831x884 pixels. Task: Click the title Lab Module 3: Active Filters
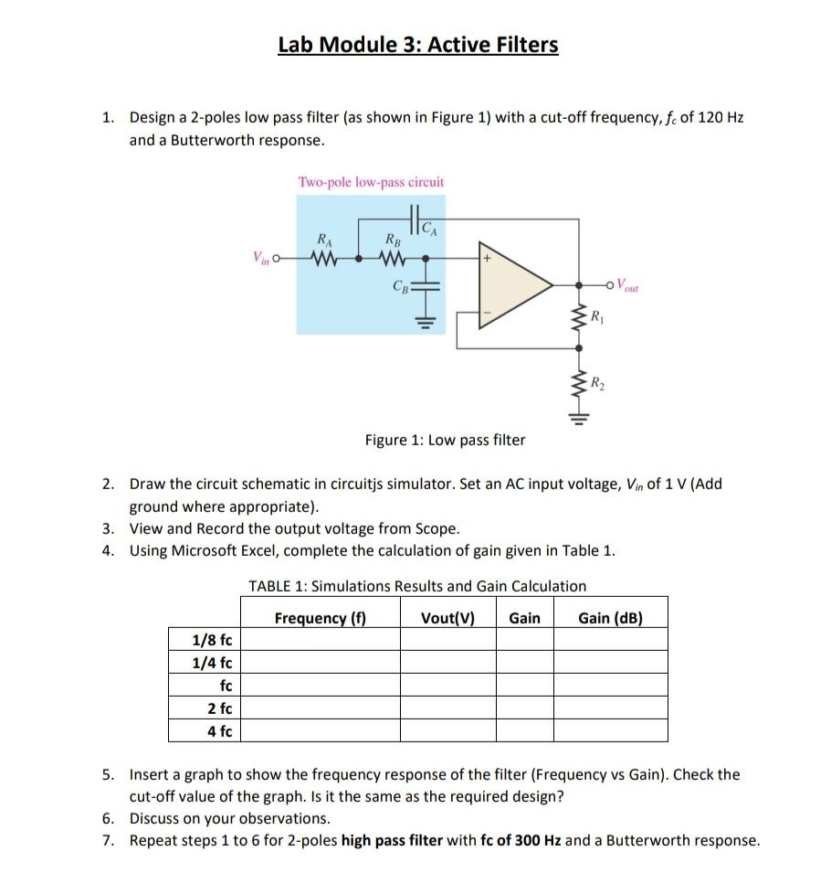point(418,45)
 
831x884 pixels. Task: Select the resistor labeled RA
point(323,258)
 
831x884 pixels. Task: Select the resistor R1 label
point(597,319)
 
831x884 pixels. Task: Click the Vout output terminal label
point(631,283)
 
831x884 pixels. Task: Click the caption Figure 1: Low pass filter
point(445,441)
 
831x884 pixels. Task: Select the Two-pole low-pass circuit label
point(371,182)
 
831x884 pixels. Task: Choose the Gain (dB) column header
point(610,618)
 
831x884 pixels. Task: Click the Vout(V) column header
point(447,618)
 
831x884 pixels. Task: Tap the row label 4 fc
point(219,730)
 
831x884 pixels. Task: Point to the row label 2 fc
point(219,708)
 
